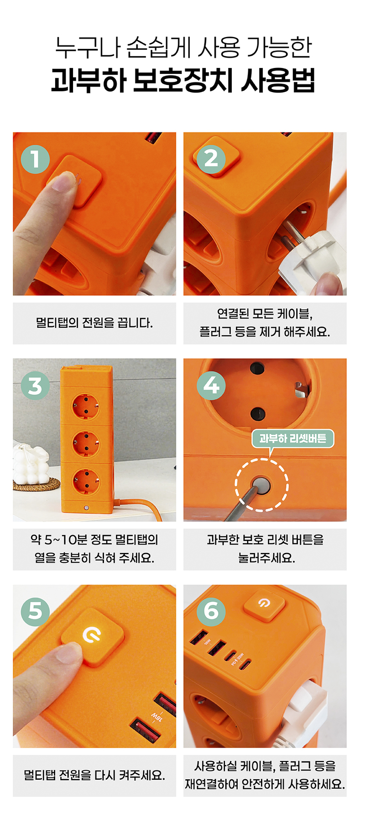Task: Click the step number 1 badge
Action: (35, 159)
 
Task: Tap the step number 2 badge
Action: (211, 159)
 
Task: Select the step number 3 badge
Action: (35, 386)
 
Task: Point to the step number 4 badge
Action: (211, 386)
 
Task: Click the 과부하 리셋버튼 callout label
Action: (293, 439)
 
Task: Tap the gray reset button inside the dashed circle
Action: (261, 484)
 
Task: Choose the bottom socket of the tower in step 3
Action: (85, 481)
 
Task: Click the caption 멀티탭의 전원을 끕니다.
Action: (94, 323)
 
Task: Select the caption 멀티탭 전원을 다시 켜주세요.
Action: (94, 776)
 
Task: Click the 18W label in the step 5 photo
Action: (156, 717)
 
